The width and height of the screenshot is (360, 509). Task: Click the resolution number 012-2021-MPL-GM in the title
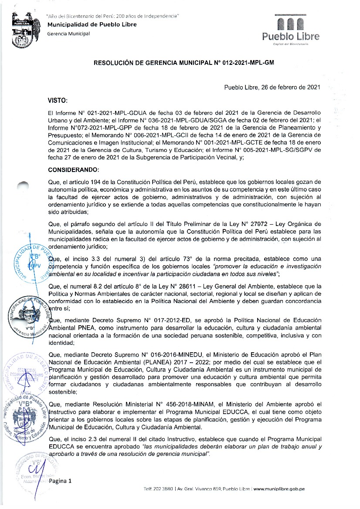pos(248,63)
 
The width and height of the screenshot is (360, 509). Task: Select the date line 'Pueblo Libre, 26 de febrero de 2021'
pos(272,87)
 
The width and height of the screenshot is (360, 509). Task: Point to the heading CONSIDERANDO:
pos(74,169)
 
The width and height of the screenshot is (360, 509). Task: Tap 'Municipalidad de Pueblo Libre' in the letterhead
pos(92,25)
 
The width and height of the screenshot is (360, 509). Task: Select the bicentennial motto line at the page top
pos(113,16)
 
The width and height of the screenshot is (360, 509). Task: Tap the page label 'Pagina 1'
pos(60,481)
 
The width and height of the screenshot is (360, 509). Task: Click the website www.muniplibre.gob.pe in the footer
pos(279,489)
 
